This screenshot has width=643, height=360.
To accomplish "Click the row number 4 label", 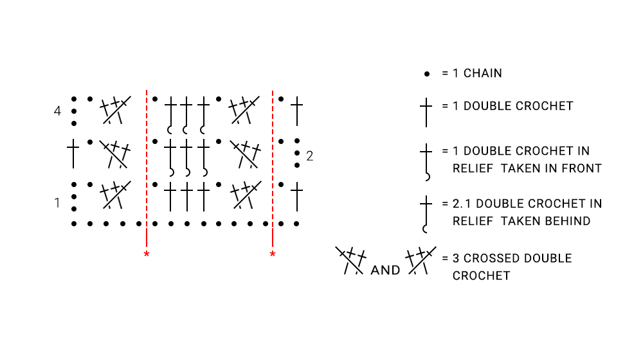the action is pyautogui.click(x=57, y=111).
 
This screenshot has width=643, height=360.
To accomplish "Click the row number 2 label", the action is pyautogui.click(x=310, y=156).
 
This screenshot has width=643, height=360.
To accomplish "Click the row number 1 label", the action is pyautogui.click(x=57, y=203).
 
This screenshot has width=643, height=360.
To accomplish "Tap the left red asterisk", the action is pyautogui.click(x=147, y=254).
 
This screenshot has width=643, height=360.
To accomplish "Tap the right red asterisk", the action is pyautogui.click(x=273, y=254).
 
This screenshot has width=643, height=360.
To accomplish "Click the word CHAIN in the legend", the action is pyautogui.click(x=483, y=73).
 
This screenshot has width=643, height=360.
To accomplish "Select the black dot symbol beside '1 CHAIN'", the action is pyautogui.click(x=427, y=74).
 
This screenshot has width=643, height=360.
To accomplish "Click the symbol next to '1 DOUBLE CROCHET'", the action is pyautogui.click(x=426, y=113).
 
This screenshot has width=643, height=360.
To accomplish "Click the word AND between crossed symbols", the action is pyautogui.click(x=385, y=270).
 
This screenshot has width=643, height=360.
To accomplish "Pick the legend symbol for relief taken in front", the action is pyautogui.click(x=426, y=162).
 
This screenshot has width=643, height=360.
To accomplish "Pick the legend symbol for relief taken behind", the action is pyautogui.click(x=426, y=215).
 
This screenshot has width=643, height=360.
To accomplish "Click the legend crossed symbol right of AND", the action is pyautogui.click(x=421, y=260).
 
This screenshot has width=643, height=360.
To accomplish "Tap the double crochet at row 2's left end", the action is pyautogui.click(x=73, y=154).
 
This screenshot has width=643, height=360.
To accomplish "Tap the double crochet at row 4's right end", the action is pyautogui.click(x=297, y=111).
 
